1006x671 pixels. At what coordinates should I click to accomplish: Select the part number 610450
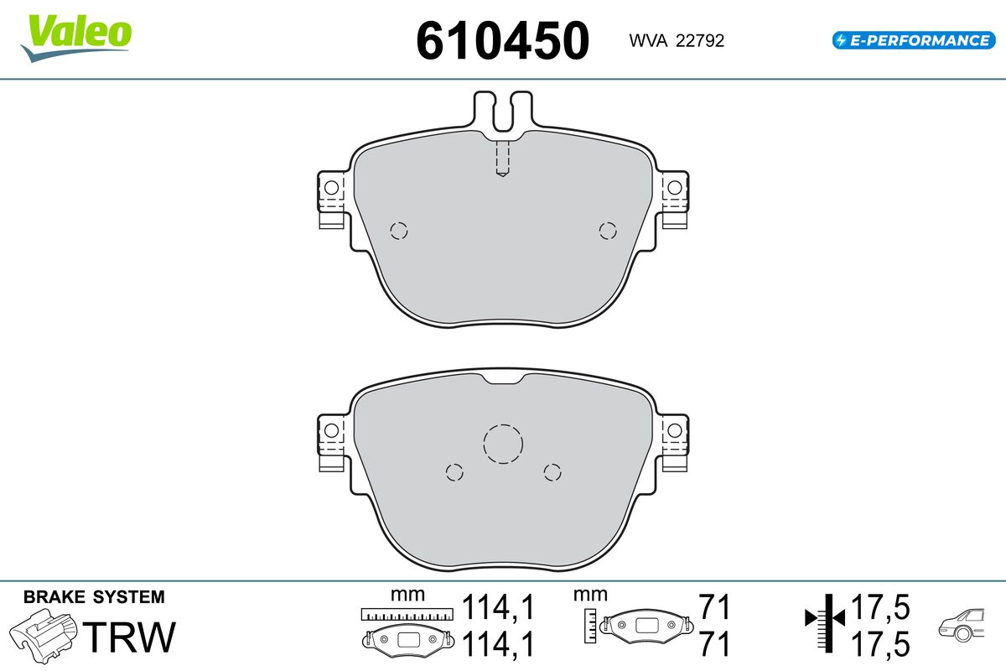(x=503, y=39)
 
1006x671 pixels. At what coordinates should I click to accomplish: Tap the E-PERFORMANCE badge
(x=912, y=39)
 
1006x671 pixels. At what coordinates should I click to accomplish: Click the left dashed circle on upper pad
(x=399, y=231)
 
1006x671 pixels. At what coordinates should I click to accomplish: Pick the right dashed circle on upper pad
(x=607, y=231)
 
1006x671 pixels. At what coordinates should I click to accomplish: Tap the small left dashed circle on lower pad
(x=454, y=472)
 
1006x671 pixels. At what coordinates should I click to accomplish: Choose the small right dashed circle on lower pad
(x=552, y=472)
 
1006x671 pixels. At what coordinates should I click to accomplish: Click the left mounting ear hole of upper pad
(x=331, y=187)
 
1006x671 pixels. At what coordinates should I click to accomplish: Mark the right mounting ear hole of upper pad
(x=674, y=187)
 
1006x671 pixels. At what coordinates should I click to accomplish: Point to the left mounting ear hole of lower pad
(x=331, y=430)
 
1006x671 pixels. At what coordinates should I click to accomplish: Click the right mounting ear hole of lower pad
(x=674, y=430)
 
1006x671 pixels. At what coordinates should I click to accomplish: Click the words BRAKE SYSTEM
(x=94, y=597)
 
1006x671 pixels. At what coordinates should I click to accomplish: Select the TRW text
(x=132, y=637)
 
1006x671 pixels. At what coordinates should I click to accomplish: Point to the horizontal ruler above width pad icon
(x=406, y=614)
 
